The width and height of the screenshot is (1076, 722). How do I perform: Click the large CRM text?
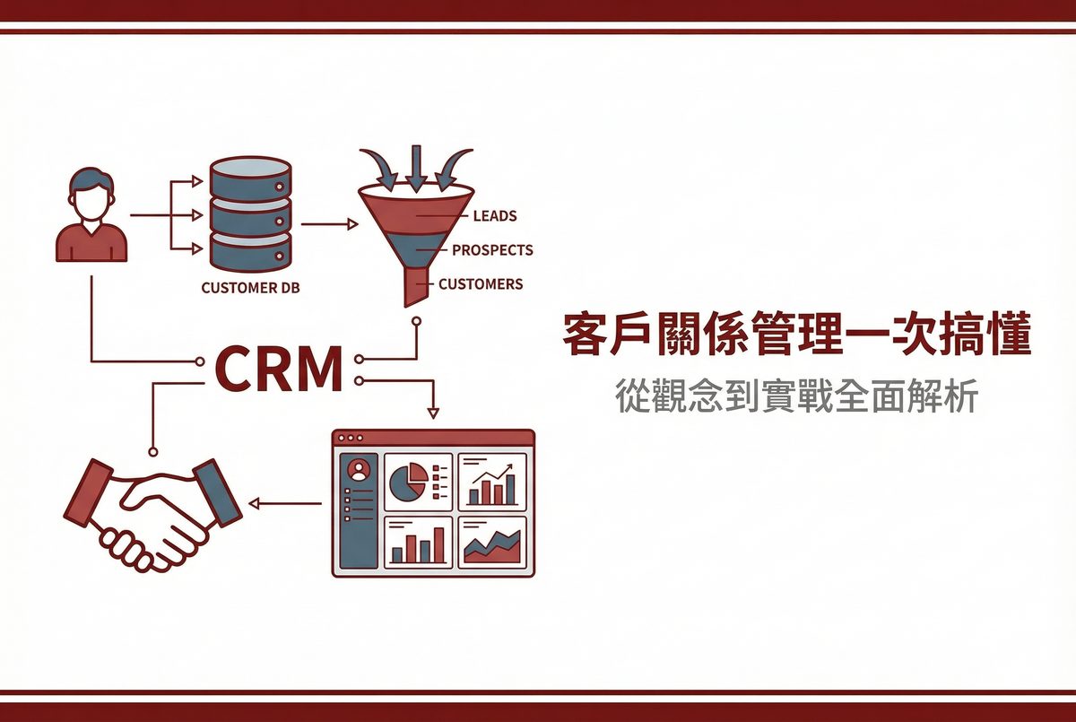click(x=280, y=370)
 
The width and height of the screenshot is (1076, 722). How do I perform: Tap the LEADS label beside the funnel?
click(x=495, y=216)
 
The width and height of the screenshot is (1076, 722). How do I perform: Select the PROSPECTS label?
click(x=493, y=250)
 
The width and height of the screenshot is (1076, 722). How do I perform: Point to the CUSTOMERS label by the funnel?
click(x=481, y=284)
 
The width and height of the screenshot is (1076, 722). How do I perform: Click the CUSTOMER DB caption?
click(x=250, y=288)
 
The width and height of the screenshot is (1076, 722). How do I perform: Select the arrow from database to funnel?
click(x=330, y=224)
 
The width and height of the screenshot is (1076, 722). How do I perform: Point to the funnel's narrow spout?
click(x=416, y=287)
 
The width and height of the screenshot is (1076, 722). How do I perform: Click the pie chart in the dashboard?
click(x=408, y=482)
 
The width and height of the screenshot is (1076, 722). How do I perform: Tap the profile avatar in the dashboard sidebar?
click(x=359, y=470)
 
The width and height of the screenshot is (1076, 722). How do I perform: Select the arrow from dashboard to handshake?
click(x=285, y=503)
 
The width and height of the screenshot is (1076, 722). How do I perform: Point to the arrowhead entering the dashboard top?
click(x=433, y=413)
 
